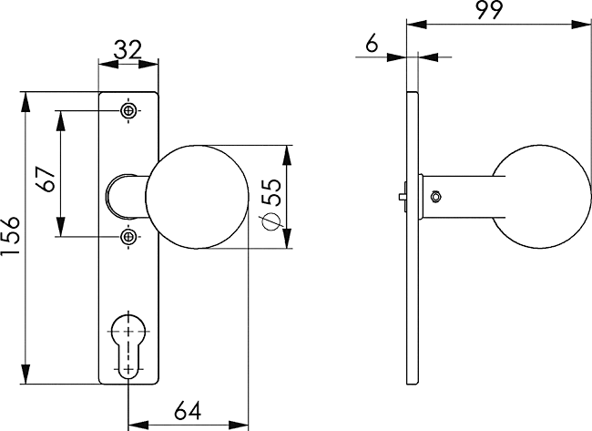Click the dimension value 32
click(128, 50)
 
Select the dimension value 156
click(10, 236)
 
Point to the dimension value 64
click(188, 410)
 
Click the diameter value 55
click(272, 192)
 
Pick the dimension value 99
click(489, 10)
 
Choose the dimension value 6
click(372, 45)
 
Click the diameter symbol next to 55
click(270, 221)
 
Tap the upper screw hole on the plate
click(128, 110)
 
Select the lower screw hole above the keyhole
click(128, 237)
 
